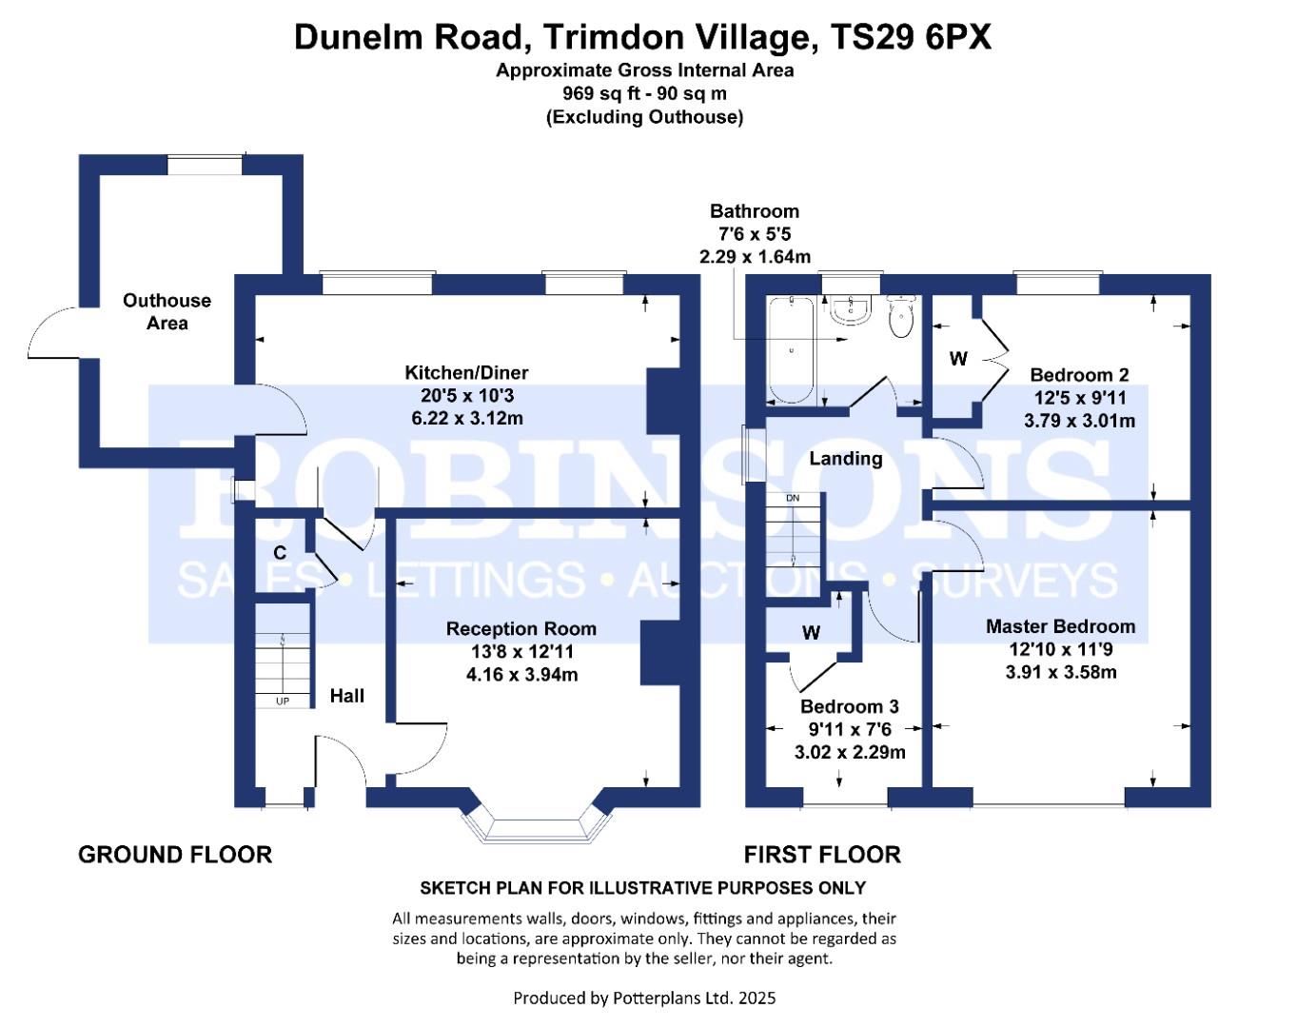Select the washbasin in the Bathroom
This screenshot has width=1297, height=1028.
pyautogui.click(x=851, y=310)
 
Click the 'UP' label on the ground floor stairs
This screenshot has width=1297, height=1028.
pyautogui.click(x=282, y=702)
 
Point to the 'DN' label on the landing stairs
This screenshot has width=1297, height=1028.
pyautogui.click(x=793, y=498)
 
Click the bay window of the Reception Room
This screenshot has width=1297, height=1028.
pyautogui.click(x=537, y=824)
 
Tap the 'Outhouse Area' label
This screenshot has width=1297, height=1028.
pyautogui.click(x=167, y=311)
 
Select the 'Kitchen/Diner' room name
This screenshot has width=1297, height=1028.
pyautogui.click(x=466, y=372)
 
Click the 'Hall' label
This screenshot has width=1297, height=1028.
pyautogui.click(x=347, y=696)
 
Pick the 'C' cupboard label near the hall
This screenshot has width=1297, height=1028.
pyautogui.click(x=280, y=552)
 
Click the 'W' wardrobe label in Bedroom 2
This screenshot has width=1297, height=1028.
pyautogui.click(x=958, y=359)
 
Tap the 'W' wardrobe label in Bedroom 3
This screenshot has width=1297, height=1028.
pyautogui.click(x=812, y=632)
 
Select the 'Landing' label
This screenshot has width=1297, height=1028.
pyautogui.click(x=846, y=458)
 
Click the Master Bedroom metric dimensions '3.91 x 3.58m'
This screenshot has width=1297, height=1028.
pyautogui.click(x=1061, y=672)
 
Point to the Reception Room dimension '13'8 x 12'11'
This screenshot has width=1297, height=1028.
pyautogui.click(x=521, y=651)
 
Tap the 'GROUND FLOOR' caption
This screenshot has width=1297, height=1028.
pyautogui.click(x=175, y=855)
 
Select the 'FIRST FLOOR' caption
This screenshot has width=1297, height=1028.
pyautogui.click(x=823, y=855)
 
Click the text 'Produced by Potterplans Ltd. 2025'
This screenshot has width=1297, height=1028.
pyautogui.click(x=644, y=998)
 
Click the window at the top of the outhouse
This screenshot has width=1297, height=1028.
pyautogui.click(x=205, y=165)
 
